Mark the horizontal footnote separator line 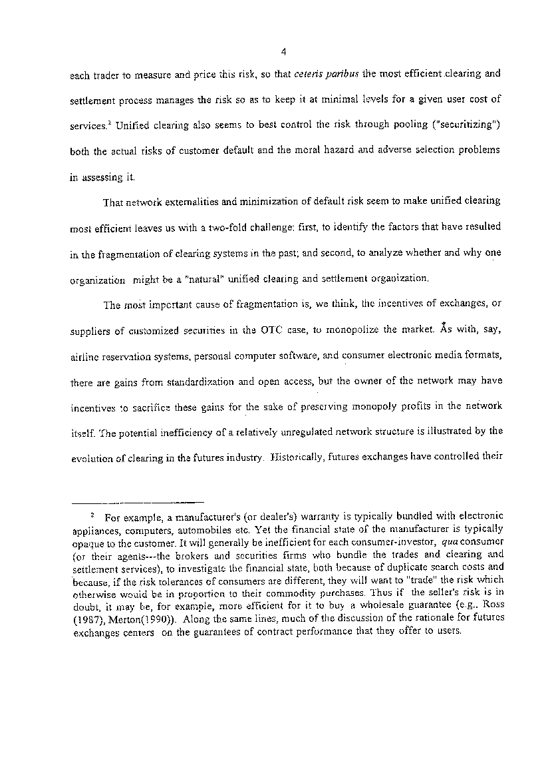pos(137,501)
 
